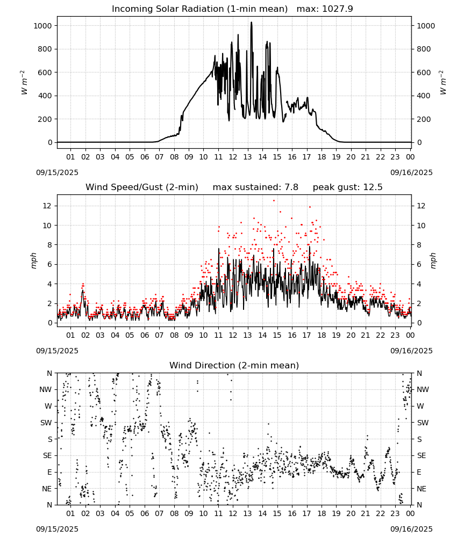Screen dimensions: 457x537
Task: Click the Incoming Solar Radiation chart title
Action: coord(199,9)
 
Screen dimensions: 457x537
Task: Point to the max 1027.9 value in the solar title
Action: coord(325,9)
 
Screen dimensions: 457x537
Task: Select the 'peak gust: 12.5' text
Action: coord(348,187)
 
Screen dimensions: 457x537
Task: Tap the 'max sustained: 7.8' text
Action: coord(255,187)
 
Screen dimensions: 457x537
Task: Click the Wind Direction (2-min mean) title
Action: coord(234,365)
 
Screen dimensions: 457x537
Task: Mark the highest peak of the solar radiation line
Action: coord(251,22)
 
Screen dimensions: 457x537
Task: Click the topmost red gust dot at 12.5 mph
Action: coord(274,201)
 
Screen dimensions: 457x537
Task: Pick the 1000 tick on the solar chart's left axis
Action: coord(43,26)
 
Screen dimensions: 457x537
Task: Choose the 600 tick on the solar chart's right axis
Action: coord(424,72)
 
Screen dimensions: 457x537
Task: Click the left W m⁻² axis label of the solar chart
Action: coord(24,83)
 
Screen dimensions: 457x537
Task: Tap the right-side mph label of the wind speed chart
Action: coord(433,261)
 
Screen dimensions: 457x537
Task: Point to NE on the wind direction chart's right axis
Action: coord(422,489)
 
